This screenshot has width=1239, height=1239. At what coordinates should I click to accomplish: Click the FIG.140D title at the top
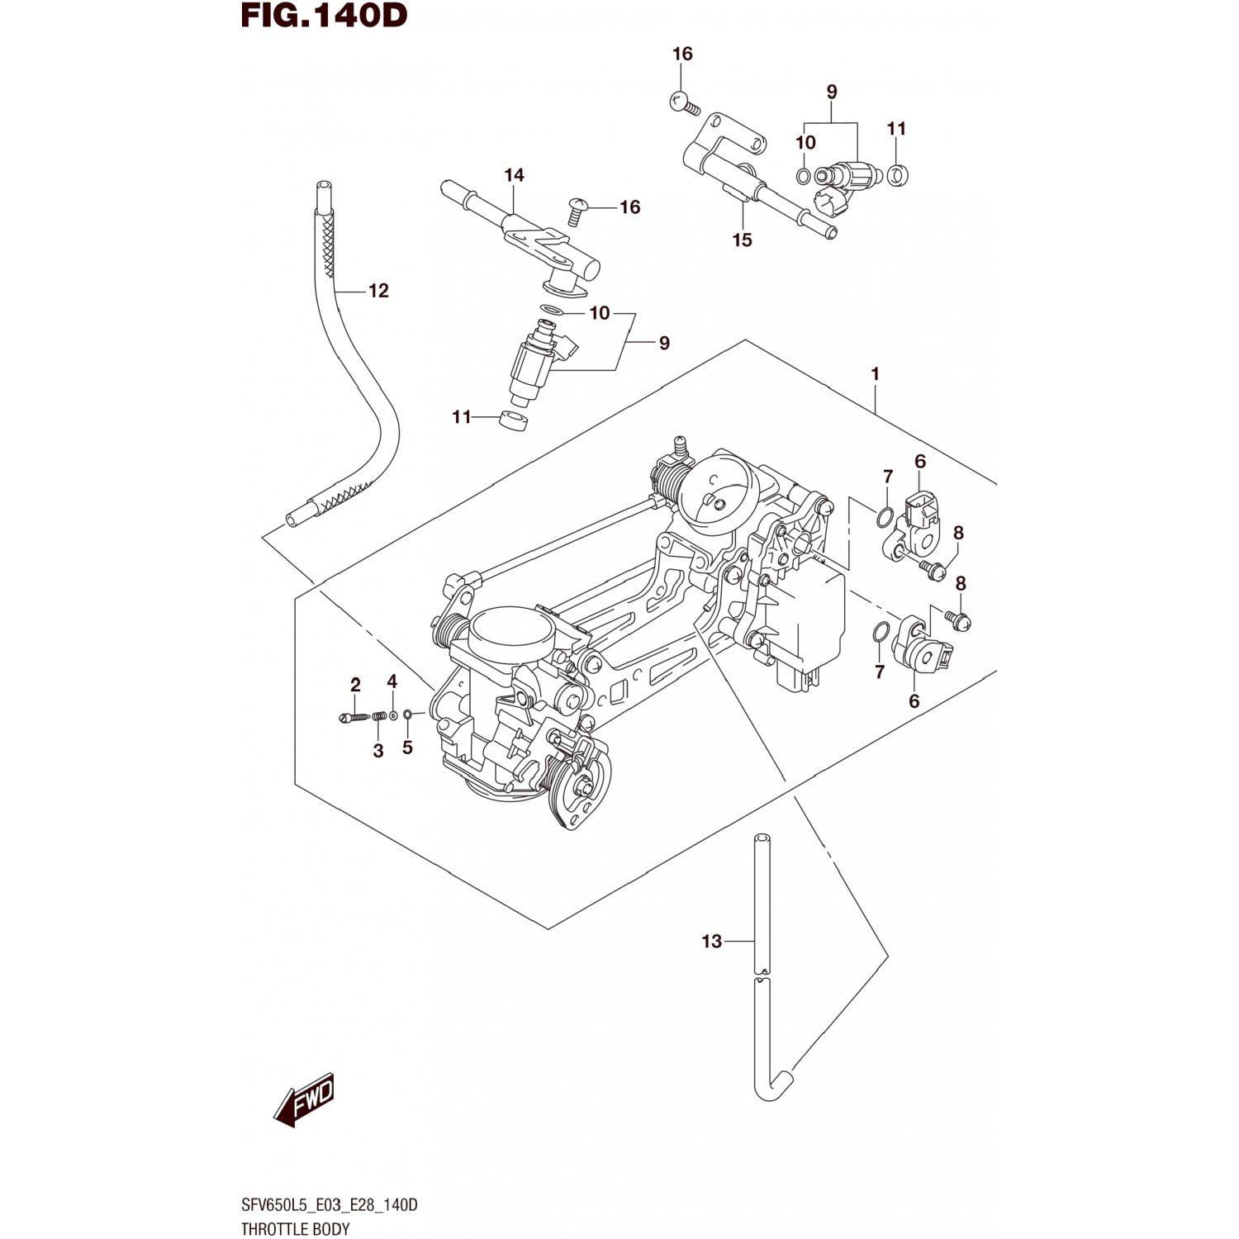tap(324, 17)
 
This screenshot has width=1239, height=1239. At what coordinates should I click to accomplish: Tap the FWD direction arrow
tap(304, 1100)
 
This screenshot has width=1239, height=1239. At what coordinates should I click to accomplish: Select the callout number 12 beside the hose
tap(378, 291)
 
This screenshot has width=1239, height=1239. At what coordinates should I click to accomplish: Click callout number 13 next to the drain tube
tap(711, 942)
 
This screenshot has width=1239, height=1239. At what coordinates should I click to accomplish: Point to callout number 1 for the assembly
tap(875, 374)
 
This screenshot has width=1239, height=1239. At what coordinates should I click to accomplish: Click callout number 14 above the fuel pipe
tap(514, 175)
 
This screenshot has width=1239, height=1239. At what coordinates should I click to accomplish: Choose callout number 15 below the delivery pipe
tap(742, 240)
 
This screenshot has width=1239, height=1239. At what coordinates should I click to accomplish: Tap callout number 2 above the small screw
tap(355, 685)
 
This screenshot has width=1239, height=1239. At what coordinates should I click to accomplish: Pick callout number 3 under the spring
tap(378, 752)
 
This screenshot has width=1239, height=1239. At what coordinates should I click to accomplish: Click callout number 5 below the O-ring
tap(407, 748)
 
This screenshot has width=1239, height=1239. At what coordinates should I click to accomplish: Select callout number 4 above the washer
tap(392, 681)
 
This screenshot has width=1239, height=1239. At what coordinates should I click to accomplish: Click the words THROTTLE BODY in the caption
tap(296, 1229)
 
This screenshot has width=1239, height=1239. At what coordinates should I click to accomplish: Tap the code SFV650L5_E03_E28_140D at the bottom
tap(330, 1205)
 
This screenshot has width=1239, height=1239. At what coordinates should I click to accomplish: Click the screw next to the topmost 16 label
tap(684, 103)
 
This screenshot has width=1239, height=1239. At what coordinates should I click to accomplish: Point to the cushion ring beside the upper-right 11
tap(898, 174)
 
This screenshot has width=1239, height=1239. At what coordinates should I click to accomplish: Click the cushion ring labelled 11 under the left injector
tap(515, 420)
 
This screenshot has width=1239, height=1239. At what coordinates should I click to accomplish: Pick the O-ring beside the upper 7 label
tap(884, 518)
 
